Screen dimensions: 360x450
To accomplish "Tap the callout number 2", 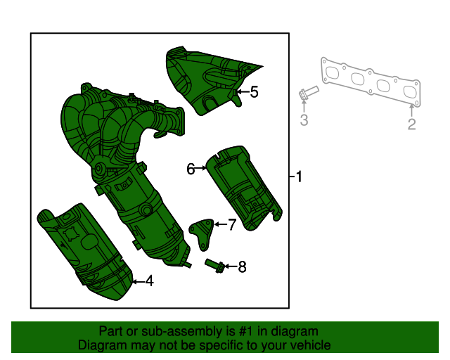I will pos(412,124).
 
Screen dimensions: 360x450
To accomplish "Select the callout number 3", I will pos(304,120).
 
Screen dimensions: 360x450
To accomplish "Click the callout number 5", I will pos(254,91).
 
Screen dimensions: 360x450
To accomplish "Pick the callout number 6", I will pos(191,169).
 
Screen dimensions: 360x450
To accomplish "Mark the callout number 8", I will pos(242,266).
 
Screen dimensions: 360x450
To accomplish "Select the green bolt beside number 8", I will pos(214,265).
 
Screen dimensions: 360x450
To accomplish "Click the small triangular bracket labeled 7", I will pos(202,233).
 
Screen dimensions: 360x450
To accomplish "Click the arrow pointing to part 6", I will pos(201,168).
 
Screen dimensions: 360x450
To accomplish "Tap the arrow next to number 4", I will pos(137,281).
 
